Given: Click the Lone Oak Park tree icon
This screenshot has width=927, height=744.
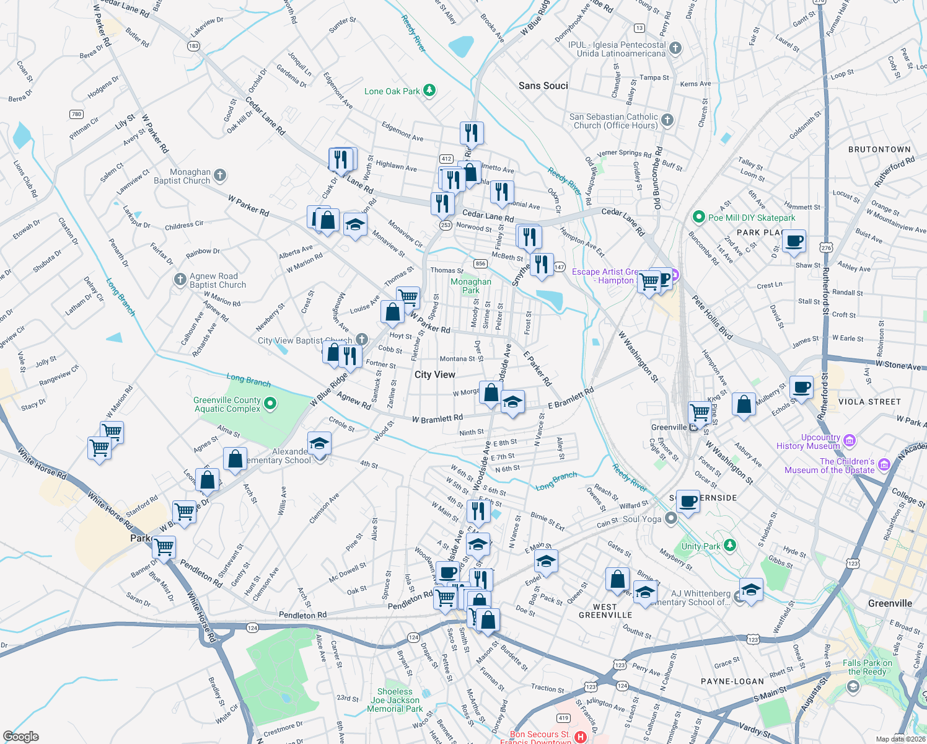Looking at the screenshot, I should [x=429, y=91].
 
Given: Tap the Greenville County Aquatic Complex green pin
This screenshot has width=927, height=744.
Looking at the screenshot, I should [x=270, y=404].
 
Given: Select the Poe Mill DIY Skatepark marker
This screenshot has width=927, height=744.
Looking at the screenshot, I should [x=699, y=217].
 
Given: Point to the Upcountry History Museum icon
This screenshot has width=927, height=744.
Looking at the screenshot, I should [x=850, y=441].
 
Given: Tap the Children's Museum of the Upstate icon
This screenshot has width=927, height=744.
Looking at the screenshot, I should [x=884, y=464].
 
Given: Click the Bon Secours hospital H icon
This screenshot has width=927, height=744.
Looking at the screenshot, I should [x=581, y=737].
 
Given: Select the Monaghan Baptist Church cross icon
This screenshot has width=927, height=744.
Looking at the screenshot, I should [x=220, y=176].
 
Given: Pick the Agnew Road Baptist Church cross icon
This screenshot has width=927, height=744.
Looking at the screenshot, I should [x=180, y=280].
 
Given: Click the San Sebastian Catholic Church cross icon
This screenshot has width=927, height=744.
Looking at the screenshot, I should [x=667, y=120].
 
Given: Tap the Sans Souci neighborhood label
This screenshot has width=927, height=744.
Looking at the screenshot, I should [x=543, y=86].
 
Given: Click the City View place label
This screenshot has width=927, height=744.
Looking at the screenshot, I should [x=434, y=374].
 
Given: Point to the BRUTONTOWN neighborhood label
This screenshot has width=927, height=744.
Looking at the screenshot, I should [x=879, y=149].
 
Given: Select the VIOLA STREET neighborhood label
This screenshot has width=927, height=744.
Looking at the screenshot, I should [x=869, y=402].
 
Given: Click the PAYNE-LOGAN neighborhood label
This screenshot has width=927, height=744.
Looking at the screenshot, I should [x=732, y=681].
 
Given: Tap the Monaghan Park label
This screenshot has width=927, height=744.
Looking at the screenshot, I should [x=471, y=286].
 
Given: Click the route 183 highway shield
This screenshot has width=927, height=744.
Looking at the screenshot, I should [x=194, y=46].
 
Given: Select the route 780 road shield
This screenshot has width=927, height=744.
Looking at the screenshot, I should [x=76, y=114].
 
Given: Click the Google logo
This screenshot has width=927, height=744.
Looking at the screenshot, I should [x=20, y=737].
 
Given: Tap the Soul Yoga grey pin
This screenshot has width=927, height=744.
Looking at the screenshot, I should [x=670, y=519].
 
